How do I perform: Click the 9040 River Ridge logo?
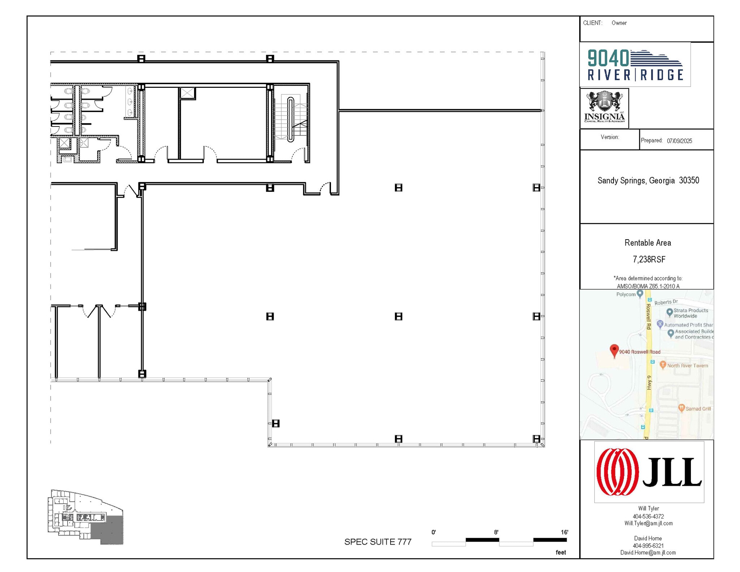click(x=635, y=65)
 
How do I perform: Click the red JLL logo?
click(x=649, y=472)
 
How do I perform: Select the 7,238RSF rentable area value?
click(x=649, y=259)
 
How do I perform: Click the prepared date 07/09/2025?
click(x=679, y=141)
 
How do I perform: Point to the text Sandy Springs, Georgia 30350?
click(x=648, y=180)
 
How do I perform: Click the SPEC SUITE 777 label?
click(x=378, y=542)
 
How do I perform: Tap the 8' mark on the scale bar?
click(x=496, y=532)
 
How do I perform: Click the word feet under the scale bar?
click(x=560, y=552)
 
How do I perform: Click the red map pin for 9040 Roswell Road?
click(x=614, y=350)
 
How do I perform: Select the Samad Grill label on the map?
click(x=698, y=409)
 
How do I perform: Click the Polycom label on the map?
click(x=626, y=294)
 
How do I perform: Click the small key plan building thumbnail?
click(x=86, y=517)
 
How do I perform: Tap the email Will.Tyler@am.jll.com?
click(x=648, y=523)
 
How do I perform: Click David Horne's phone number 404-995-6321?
click(x=648, y=546)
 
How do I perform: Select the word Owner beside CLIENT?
click(x=619, y=23)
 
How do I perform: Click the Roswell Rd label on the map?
click(x=648, y=316)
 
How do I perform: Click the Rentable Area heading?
click(x=647, y=243)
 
